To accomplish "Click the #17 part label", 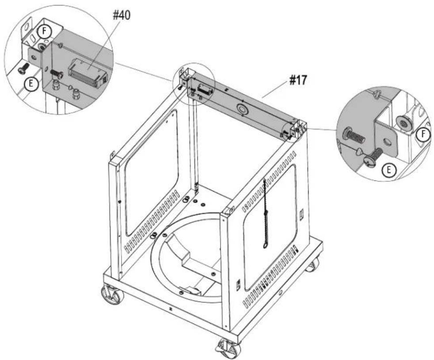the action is pyautogui.click(x=298, y=80).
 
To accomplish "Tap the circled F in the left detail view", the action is pyautogui.click(x=44, y=31).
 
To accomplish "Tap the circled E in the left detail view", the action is pyautogui.click(x=31, y=83).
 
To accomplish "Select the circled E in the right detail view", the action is pyautogui.click(x=389, y=170).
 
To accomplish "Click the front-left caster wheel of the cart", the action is pyautogui.click(x=112, y=295).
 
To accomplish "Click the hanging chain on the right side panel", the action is pyautogui.click(x=266, y=213).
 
